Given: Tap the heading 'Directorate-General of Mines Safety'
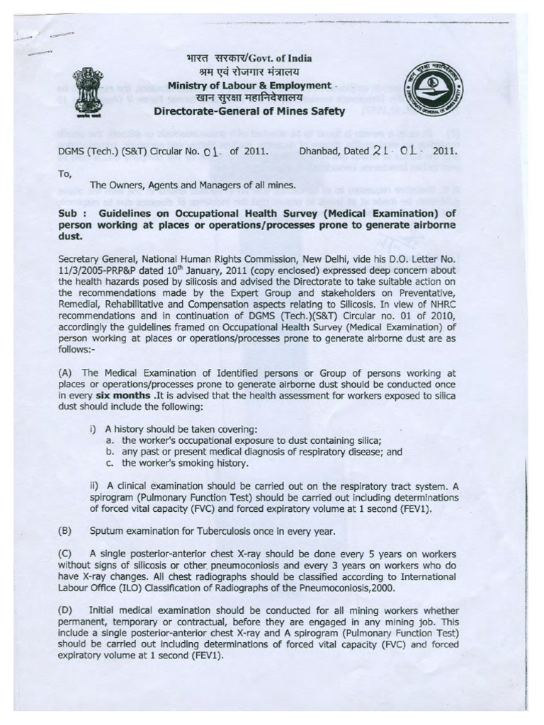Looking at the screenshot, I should point(250,111).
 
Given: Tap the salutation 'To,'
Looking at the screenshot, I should point(64,173).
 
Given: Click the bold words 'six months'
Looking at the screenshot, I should point(120,395).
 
